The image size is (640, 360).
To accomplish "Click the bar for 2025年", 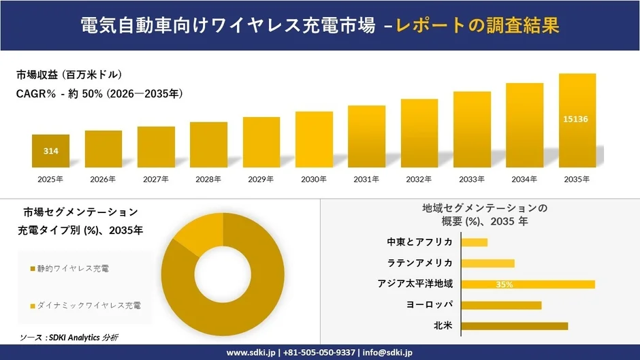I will click(50, 151).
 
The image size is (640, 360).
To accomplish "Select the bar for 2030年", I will click(314, 140).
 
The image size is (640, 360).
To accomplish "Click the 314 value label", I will click(50, 150).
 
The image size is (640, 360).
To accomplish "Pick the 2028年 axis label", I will click(208, 179).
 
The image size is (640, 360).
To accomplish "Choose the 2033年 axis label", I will click(472, 179).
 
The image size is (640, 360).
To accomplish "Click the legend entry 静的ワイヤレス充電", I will click(75, 269).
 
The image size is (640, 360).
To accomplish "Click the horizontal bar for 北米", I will click(514, 326).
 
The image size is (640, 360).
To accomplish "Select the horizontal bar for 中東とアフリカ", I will click(475, 242).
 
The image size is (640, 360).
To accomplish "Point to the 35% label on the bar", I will click(505, 284).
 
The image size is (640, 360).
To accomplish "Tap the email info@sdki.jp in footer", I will click(385, 353).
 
